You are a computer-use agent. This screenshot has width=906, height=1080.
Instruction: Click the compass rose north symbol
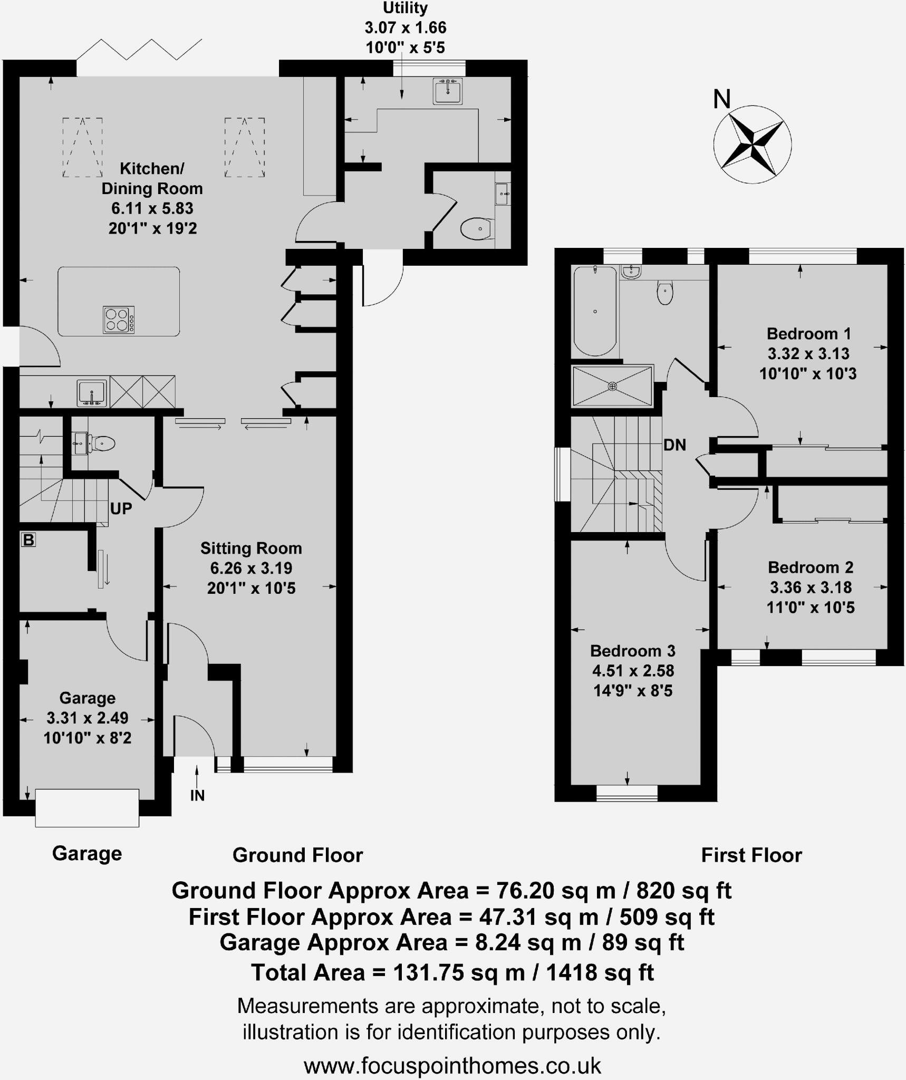[x=752, y=143]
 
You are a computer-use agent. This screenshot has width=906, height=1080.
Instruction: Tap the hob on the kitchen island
[x=119, y=320]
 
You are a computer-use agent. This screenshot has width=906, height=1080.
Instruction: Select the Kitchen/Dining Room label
[x=152, y=178]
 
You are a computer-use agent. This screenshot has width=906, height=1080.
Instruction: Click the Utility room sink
[x=447, y=91]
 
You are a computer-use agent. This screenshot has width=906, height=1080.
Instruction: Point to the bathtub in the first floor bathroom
[x=595, y=311]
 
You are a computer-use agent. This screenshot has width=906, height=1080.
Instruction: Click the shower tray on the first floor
[x=612, y=387]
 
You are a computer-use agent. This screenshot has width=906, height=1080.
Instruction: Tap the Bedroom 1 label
[x=808, y=333]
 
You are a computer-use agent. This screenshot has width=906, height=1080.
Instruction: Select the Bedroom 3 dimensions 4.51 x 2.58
[x=633, y=671]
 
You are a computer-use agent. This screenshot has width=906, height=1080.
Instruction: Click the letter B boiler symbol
[x=28, y=539]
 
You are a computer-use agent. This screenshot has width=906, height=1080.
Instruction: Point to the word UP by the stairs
[x=121, y=508]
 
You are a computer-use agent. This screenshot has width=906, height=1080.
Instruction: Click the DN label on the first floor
[x=674, y=445]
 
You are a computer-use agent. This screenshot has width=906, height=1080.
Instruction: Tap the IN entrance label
[x=197, y=795]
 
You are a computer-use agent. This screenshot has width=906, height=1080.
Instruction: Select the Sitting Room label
[x=251, y=548]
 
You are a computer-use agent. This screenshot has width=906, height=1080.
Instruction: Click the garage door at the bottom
[x=87, y=807]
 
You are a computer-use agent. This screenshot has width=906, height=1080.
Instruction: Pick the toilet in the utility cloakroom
[x=477, y=229]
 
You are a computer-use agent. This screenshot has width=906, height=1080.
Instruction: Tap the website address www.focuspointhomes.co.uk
[x=452, y=1065]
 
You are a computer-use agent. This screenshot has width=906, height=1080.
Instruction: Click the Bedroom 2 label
[x=811, y=567]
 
